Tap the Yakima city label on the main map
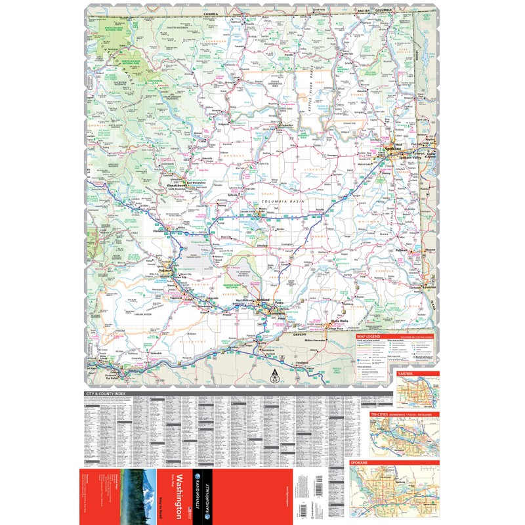163,270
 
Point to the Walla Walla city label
339,320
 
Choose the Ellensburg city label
161,231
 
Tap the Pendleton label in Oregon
302,363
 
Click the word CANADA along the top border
210,12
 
